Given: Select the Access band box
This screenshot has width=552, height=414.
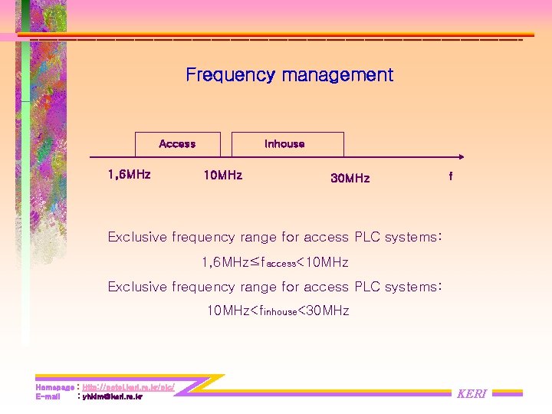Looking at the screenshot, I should [x=177, y=144].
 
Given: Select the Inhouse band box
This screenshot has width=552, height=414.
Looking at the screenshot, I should [x=284, y=144].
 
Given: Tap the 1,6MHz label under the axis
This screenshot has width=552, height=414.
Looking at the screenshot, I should [x=129, y=175].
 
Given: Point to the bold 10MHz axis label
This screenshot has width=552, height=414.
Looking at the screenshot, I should [x=222, y=176].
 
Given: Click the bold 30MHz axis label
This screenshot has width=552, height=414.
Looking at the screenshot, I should [x=350, y=179].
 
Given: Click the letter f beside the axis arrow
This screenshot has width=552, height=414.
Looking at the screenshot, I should [x=451, y=176].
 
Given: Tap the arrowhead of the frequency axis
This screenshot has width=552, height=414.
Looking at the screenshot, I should [x=469, y=158].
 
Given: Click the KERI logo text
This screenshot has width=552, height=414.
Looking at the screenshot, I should [x=472, y=394].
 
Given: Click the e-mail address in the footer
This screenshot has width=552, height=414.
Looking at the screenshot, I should [x=113, y=397].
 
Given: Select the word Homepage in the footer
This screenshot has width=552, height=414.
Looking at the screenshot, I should [x=54, y=388].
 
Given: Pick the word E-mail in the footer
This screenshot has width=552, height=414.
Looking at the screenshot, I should [x=48, y=397].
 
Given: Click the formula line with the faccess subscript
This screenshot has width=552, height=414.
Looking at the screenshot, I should [x=274, y=263].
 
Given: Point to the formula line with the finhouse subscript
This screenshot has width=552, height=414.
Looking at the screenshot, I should [x=278, y=311].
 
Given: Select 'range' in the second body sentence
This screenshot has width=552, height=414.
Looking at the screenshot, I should [x=258, y=287].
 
